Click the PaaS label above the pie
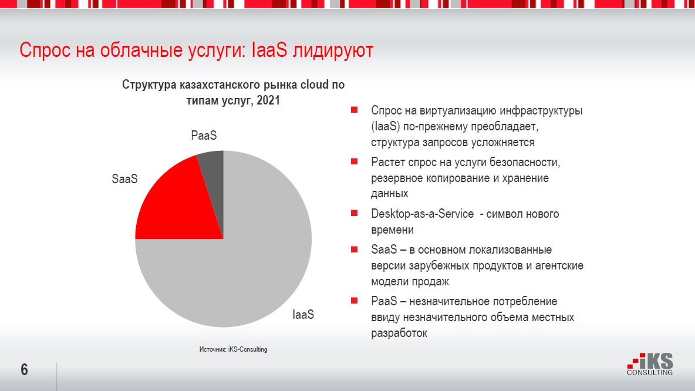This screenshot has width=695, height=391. pyautogui.click(x=204, y=136)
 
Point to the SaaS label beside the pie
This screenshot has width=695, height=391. pyautogui.click(x=124, y=178)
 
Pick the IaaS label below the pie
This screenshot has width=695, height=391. pyautogui.click(x=303, y=315)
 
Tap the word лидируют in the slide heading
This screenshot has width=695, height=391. pyautogui.click(x=333, y=50)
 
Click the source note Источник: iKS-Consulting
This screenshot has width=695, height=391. pyautogui.click(x=233, y=349)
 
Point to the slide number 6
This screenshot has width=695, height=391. pyautogui.click(x=24, y=370)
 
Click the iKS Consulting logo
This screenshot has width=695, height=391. pyautogui.click(x=650, y=365)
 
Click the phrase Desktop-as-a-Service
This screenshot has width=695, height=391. pyautogui.click(x=422, y=214)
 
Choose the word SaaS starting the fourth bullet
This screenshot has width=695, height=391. pyautogui.click(x=383, y=250)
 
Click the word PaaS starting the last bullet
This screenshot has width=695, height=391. pyautogui.click(x=383, y=302)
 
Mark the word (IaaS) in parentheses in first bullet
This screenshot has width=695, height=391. pyautogui.click(x=385, y=126)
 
